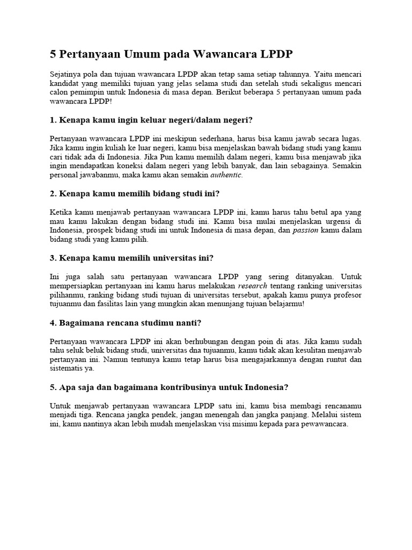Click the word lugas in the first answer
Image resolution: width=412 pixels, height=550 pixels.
349,138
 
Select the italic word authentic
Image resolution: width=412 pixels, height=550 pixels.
226,176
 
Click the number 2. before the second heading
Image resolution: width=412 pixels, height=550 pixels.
53,193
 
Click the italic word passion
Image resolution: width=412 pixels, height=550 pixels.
306,230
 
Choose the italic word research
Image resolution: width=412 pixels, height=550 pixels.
253,286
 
